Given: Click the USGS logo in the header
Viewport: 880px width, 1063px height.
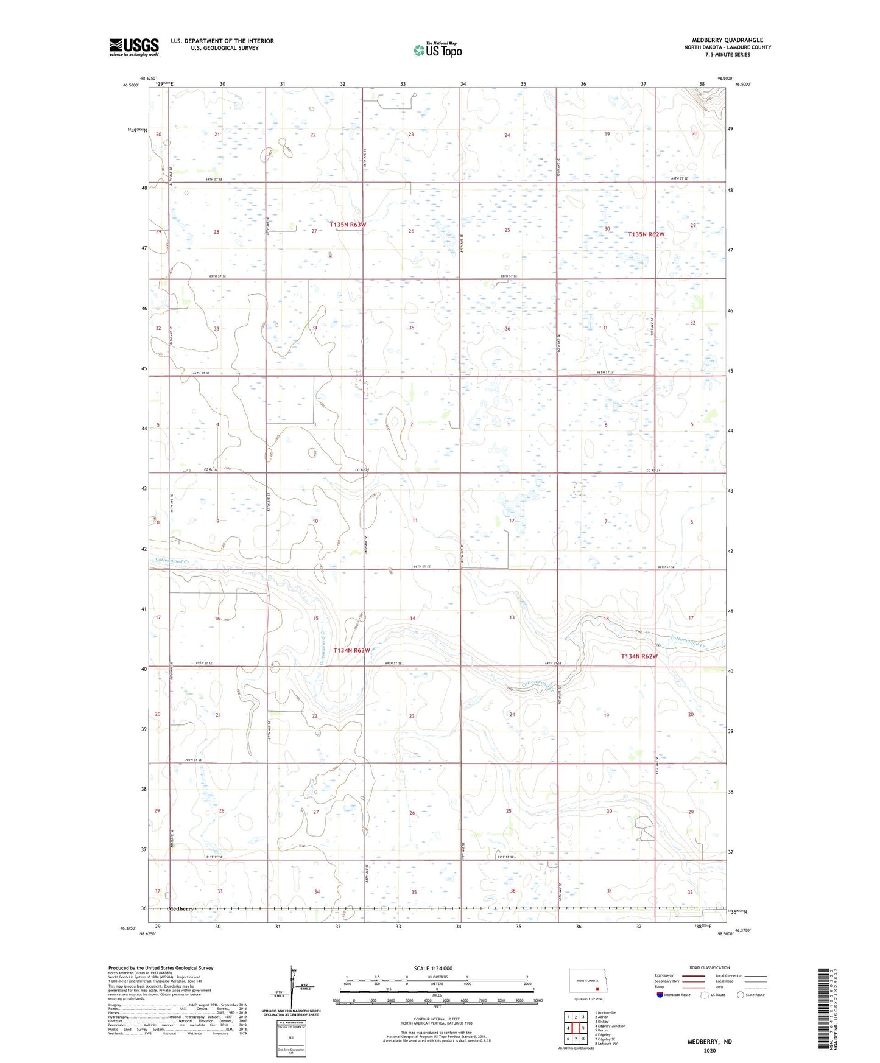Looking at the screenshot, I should [x=133, y=47].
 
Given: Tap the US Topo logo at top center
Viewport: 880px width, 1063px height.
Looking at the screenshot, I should [x=437, y=50].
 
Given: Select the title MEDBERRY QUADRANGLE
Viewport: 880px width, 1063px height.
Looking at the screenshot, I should [x=727, y=40].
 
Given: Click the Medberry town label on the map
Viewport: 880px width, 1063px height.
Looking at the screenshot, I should [x=180, y=908].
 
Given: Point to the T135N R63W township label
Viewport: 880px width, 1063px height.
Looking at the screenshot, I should [x=348, y=225].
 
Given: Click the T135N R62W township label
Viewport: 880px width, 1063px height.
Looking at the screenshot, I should [x=646, y=234].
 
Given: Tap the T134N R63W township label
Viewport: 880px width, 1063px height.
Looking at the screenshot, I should [x=351, y=650].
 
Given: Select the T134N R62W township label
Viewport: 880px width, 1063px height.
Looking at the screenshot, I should [x=639, y=656].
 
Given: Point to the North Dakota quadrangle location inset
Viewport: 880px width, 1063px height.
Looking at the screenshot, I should [x=588, y=983].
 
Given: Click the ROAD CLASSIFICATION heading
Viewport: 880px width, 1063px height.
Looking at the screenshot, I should [x=709, y=967].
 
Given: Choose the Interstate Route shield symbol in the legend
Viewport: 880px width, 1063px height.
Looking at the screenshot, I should [x=660, y=995].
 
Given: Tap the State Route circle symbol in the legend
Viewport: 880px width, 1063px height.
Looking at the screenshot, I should [x=740, y=995].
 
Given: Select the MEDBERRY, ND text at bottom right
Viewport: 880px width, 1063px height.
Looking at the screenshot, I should [x=709, y=1042].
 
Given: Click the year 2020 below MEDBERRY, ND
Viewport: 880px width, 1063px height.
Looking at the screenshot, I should [x=709, y=1051].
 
